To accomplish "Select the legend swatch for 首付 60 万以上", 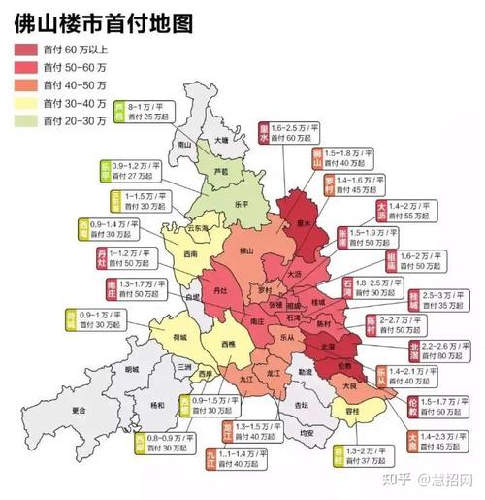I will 24,50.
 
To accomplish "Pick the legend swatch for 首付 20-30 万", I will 24,120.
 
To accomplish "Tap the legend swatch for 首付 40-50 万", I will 24,84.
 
